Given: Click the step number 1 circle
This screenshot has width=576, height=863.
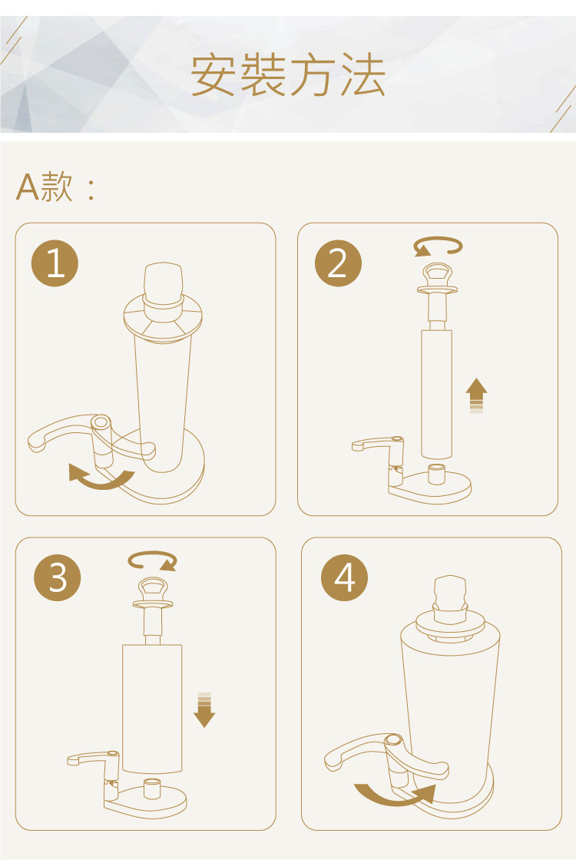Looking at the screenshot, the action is (55, 263).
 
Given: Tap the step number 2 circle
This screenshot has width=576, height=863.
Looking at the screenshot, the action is (338, 263).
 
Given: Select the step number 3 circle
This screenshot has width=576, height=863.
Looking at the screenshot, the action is (58, 577).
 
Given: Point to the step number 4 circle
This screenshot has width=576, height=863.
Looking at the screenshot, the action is (345, 577).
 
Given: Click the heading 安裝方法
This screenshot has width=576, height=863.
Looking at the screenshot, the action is (287, 74).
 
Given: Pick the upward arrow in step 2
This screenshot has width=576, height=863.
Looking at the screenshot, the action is (476, 395).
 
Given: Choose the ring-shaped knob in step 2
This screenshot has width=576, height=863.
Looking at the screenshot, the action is (437, 276).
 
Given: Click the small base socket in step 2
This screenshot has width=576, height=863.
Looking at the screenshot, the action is (437, 474).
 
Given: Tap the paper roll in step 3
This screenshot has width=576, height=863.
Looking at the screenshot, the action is (152, 709).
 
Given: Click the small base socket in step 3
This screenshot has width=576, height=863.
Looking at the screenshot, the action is (151, 789).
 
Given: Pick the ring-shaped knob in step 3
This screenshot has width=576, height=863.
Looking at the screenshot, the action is (153, 590).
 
